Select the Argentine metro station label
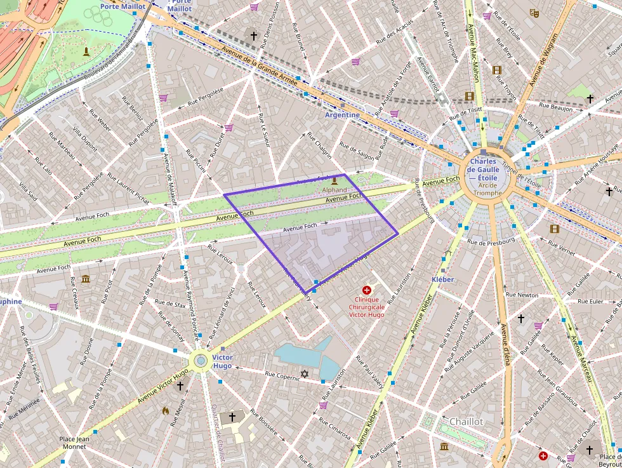tap(342, 115)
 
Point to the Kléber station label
tap(442, 279)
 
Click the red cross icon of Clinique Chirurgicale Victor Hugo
tap(367, 290)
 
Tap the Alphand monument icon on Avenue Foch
tap(334, 180)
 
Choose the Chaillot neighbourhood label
tap(466, 422)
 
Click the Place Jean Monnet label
tap(74, 443)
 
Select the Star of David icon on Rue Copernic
tap(304, 375)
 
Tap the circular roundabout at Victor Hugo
tap(201, 361)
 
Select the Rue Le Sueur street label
tap(263, 130)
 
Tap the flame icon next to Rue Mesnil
tap(166, 411)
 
